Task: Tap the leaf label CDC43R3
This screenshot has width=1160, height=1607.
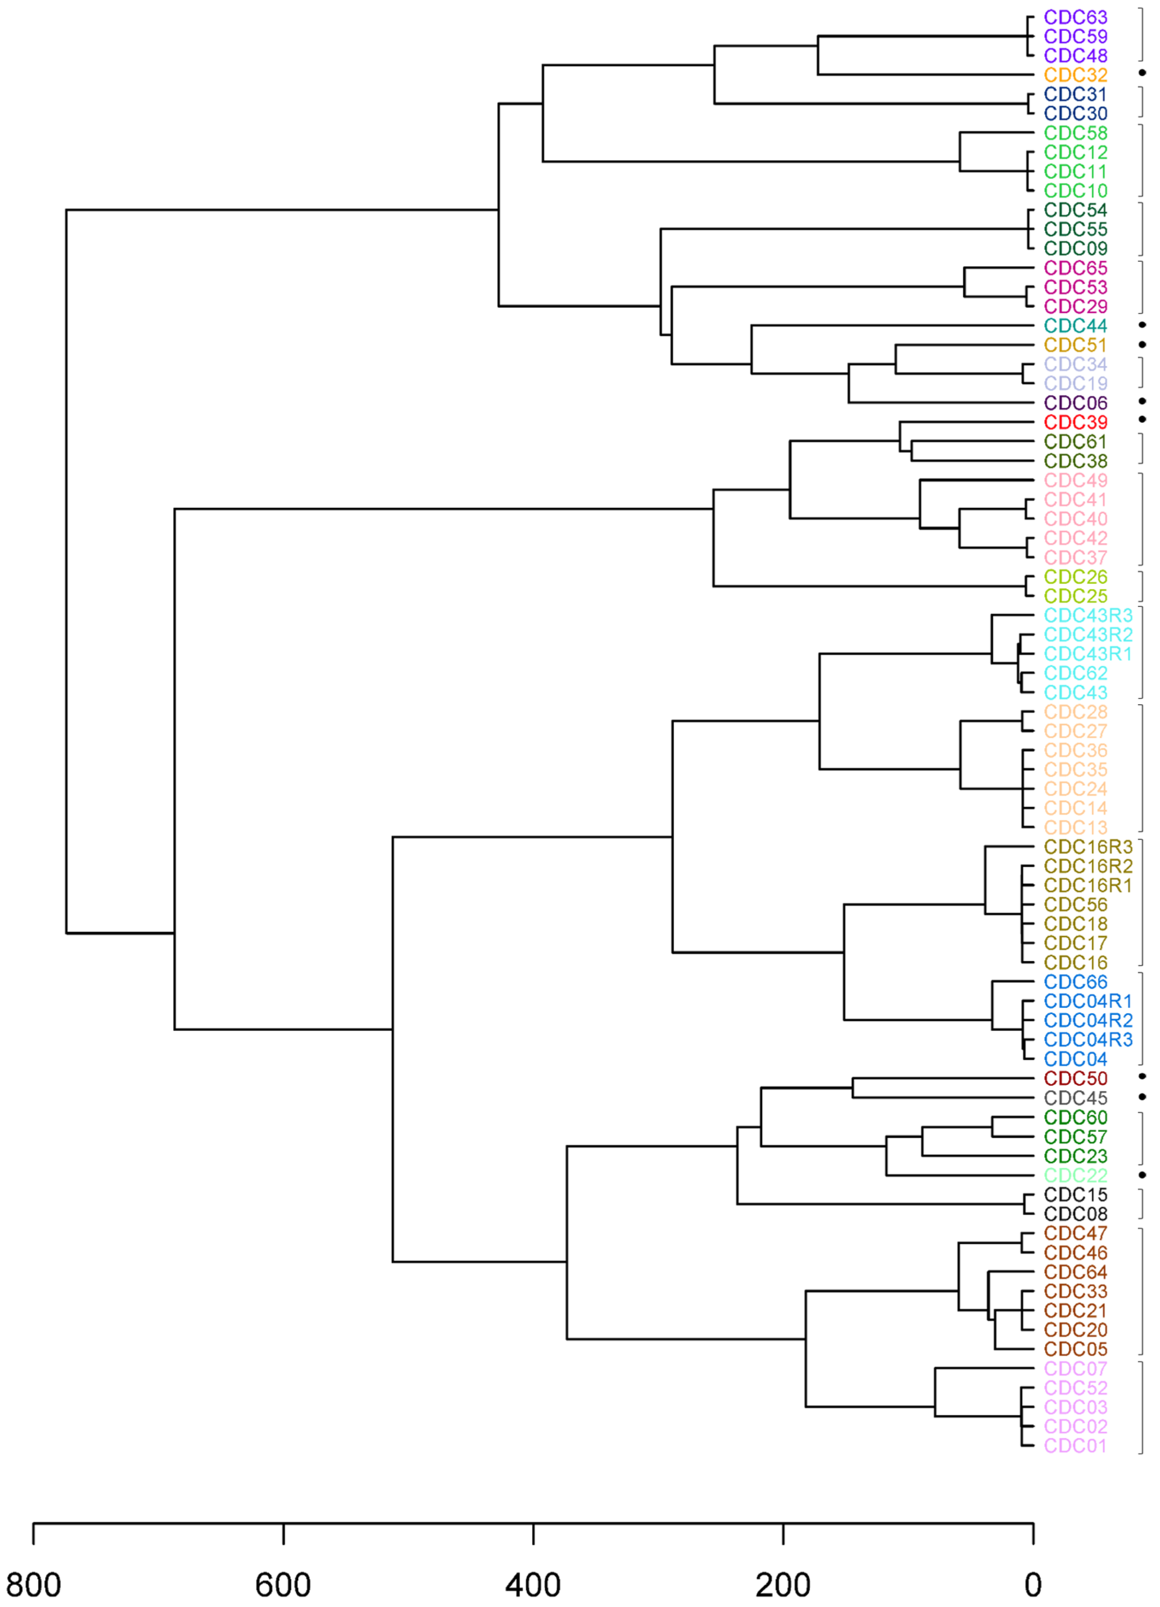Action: [x=1088, y=615]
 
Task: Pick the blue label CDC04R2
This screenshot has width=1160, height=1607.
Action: [x=1088, y=1020]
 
